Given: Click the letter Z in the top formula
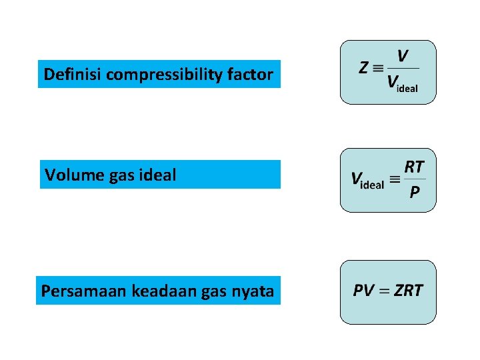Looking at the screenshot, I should coord(364,68).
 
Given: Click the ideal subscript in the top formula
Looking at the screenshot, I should coord(407,89).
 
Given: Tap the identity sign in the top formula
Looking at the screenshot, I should coord(378,68).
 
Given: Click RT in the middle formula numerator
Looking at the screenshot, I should coord(414,166).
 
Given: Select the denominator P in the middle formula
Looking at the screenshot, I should coord(414,193).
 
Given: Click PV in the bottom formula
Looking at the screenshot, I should coord(363,291).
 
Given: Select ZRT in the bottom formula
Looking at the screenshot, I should coord(408,291).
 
